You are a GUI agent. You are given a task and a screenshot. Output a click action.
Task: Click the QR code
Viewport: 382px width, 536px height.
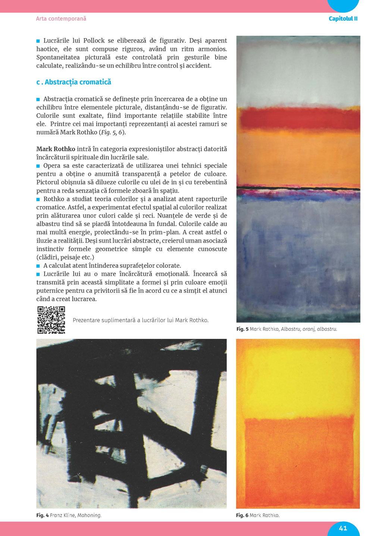click(x=51, y=320)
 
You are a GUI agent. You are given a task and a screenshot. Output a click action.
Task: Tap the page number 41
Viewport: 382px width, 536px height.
click(x=343, y=528)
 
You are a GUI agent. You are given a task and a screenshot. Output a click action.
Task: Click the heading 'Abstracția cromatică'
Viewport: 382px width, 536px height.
click(x=78, y=82)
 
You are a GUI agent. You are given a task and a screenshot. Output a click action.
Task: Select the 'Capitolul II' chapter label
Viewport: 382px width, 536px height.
click(x=343, y=19)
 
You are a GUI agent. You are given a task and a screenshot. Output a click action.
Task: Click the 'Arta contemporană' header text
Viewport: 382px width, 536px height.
click(x=61, y=19)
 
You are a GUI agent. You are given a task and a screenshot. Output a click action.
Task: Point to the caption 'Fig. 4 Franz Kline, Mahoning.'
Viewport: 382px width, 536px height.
click(x=69, y=515)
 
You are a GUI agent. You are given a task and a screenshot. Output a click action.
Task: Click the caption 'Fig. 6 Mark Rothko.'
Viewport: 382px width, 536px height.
click(x=258, y=515)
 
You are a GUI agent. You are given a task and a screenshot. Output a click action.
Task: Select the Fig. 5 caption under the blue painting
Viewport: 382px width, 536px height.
click(x=286, y=329)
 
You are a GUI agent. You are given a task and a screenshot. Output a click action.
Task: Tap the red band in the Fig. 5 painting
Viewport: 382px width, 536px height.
click(x=298, y=118)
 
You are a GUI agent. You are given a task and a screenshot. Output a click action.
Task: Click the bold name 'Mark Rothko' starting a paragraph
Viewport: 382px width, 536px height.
click(x=56, y=149)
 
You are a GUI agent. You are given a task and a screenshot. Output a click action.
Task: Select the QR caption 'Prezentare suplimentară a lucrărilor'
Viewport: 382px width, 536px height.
click(x=141, y=320)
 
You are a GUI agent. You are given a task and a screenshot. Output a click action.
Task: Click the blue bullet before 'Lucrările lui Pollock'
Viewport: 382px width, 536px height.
click(x=38, y=41)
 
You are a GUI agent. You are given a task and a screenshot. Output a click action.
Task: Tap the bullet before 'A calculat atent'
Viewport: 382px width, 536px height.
click(x=38, y=266)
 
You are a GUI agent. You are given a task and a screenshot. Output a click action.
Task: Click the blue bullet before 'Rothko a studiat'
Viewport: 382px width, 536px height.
click(x=38, y=199)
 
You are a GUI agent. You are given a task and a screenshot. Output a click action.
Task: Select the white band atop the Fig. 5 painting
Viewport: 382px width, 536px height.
click(x=298, y=71)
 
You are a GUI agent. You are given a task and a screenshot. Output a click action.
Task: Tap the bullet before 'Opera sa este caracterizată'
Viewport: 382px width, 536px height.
click(x=38, y=166)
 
